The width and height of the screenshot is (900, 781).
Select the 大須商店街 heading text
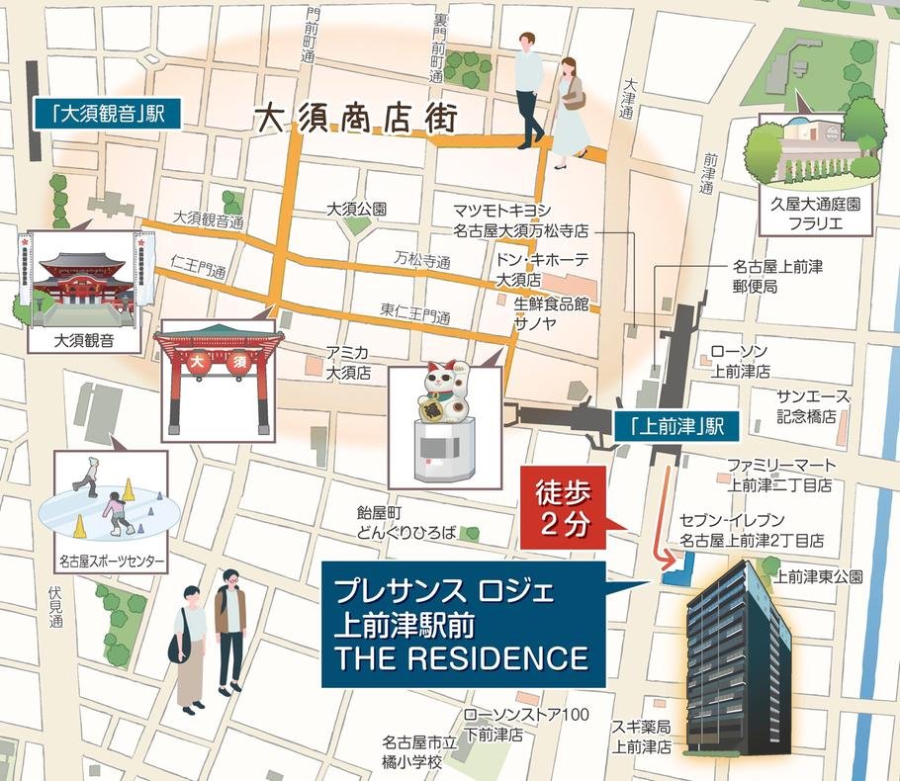(356, 119)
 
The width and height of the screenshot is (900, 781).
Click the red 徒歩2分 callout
(562, 505)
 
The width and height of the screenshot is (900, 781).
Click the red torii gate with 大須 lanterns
(219, 377)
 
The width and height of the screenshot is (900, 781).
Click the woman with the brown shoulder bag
(571, 111)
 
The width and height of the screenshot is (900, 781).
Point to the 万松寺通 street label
(422, 261)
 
